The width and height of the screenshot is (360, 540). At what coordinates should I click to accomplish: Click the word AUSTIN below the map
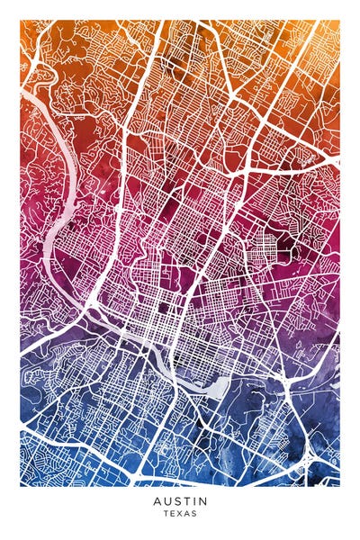pos(180,500)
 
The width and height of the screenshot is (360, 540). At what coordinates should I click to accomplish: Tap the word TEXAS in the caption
pos(180,514)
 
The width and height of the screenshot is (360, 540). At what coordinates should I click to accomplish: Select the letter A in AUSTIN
pos(157,500)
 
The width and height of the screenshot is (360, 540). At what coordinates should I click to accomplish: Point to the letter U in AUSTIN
pos(166,500)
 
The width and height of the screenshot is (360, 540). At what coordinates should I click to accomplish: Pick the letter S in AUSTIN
pos(176,500)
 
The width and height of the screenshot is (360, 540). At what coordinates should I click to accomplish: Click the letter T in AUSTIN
pos(185,500)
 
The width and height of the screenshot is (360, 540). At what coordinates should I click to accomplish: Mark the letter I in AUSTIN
pos(193,500)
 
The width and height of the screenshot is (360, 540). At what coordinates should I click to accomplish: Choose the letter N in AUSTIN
pos(202,500)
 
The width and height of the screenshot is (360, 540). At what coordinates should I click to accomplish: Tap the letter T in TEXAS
pos(166,514)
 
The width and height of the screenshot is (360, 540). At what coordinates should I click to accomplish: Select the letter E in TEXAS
pos(173,514)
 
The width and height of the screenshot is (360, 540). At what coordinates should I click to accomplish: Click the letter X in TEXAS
pos(180,514)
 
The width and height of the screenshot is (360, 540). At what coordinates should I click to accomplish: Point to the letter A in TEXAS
pos(187,514)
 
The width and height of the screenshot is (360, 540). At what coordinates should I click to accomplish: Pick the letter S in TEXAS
pos(194,514)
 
